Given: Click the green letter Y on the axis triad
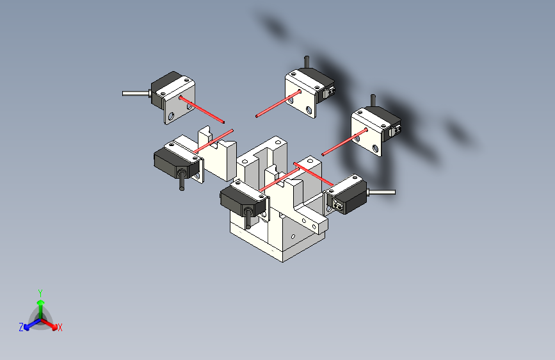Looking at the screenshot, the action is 40,293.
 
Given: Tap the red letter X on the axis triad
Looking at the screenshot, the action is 60,328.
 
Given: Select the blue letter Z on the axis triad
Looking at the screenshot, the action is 21,327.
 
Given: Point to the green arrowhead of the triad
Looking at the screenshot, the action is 41,302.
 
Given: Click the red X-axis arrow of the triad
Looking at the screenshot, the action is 49,323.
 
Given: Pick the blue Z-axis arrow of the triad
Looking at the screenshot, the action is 33,324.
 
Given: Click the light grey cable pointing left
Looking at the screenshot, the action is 136,94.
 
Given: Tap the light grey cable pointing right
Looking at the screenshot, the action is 382,192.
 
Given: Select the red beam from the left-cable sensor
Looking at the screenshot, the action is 202,110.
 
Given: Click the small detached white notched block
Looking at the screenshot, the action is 218,153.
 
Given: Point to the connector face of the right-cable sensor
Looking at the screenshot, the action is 337,204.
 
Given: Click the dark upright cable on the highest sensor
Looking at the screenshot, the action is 307,62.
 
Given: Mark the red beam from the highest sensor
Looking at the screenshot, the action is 278,104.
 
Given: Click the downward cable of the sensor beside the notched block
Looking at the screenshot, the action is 182,180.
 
